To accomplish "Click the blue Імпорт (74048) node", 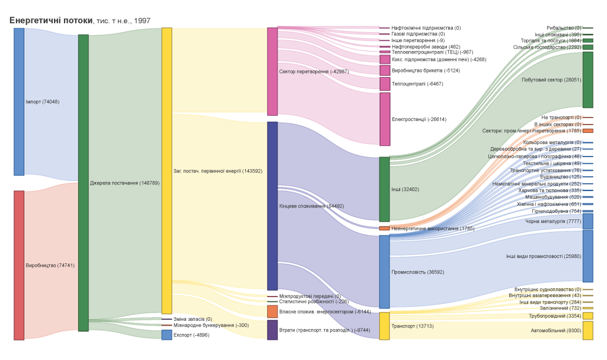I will click(x=19, y=101).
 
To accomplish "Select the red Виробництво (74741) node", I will click(x=19, y=265).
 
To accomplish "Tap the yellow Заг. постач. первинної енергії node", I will click(x=167, y=171).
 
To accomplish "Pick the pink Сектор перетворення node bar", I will click(x=272, y=71).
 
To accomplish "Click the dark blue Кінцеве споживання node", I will click(x=272, y=206).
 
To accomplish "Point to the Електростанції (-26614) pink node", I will click(x=385, y=119).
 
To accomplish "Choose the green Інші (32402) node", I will click(x=384, y=189).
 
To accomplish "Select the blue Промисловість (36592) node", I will click(x=384, y=272).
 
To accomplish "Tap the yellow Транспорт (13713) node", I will click(x=384, y=326).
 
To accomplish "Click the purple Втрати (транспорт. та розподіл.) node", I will click(x=272, y=330).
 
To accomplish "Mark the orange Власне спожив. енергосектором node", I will click(x=272, y=311).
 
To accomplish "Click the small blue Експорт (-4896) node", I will click(x=167, y=335).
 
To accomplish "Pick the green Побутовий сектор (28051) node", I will click(x=587, y=79).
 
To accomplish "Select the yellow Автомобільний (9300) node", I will click(x=587, y=330).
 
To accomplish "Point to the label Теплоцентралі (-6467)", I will click(x=417, y=84).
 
